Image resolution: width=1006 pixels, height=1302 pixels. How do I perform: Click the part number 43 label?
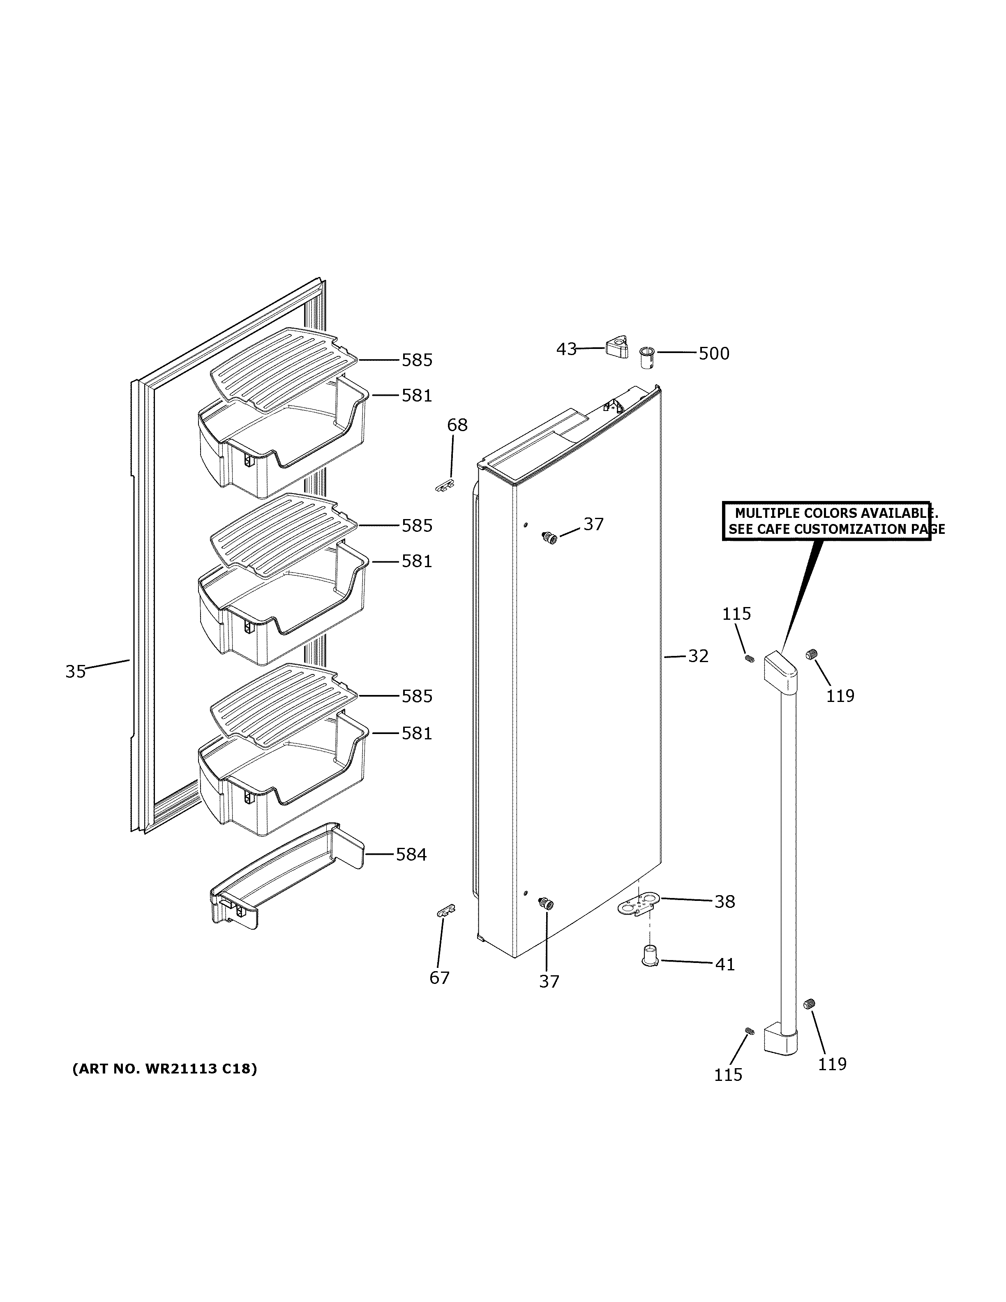(x=566, y=349)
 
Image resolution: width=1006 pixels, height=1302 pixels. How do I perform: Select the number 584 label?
(x=411, y=854)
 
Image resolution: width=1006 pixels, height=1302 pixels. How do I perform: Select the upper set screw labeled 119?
(x=810, y=655)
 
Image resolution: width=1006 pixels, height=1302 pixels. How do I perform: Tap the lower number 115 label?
(x=728, y=1074)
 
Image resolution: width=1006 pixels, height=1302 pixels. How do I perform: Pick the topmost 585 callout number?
(x=417, y=360)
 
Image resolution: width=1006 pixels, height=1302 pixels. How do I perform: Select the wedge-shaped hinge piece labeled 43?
(x=617, y=347)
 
